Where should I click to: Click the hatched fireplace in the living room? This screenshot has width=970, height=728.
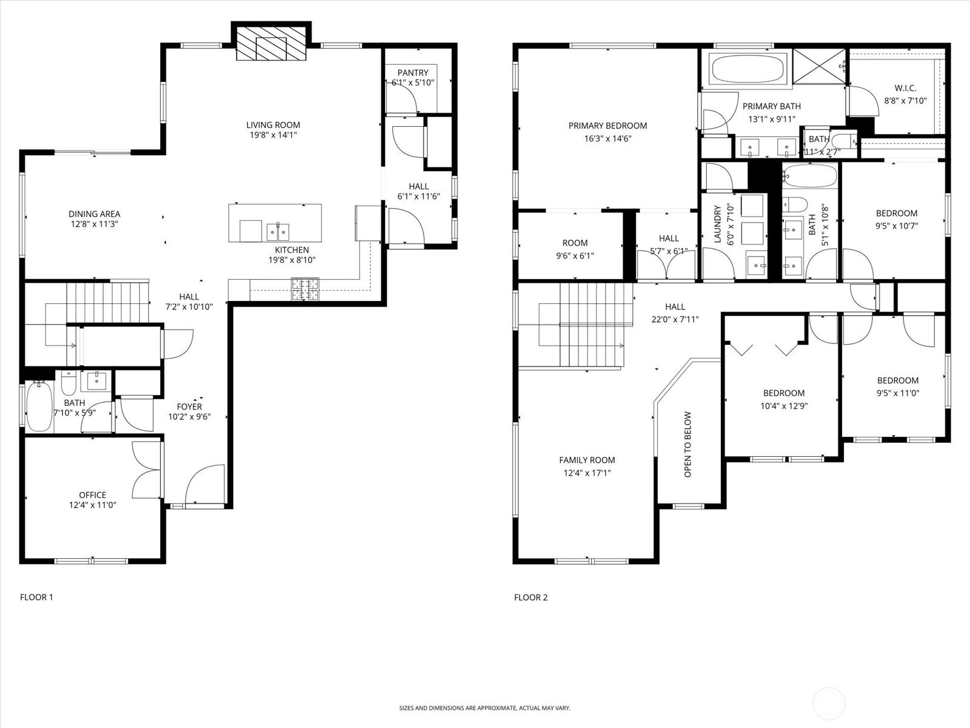point(271,43)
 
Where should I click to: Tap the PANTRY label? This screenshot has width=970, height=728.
point(413,72)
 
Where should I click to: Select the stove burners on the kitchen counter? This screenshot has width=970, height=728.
point(305,289)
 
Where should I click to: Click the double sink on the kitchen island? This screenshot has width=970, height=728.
point(278,232)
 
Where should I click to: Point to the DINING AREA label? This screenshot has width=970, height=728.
point(94,214)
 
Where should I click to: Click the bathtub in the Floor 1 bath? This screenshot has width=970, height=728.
point(39,406)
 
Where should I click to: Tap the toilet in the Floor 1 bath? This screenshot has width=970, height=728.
point(69,383)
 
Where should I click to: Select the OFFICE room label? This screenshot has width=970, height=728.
point(92,495)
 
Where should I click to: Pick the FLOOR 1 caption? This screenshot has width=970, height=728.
point(36,597)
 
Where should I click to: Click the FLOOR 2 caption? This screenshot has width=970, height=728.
point(530,598)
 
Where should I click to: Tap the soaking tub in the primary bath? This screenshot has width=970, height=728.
point(748,69)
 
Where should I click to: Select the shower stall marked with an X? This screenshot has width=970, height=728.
point(819,66)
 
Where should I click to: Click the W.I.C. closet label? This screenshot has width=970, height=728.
point(906,88)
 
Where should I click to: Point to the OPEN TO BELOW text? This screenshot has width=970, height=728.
point(687,445)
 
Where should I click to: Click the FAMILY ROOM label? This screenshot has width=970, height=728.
point(587,460)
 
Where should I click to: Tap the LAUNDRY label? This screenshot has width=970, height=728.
point(717,224)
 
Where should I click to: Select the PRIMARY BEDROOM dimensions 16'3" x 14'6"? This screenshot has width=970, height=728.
point(607,138)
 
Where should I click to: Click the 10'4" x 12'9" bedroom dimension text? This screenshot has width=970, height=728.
point(784,406)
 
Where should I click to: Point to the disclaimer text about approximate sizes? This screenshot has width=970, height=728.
point(485,708)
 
